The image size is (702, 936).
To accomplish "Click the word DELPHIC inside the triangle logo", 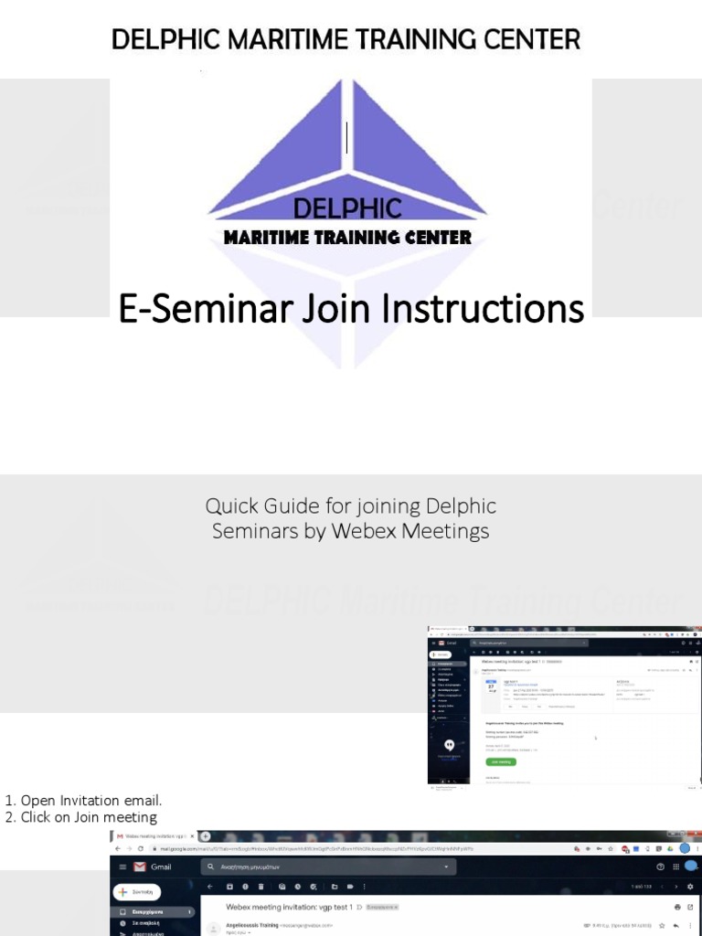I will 347,208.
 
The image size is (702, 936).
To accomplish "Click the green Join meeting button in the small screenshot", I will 501,760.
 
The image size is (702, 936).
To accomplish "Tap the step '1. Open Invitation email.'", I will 84,801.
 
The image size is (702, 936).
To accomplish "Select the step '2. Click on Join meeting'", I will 81,817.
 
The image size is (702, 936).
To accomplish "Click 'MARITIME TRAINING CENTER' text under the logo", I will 347,238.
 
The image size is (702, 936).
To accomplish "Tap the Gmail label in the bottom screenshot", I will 161,867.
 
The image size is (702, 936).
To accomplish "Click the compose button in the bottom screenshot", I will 137,891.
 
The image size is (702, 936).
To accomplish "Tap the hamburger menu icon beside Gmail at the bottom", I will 122,867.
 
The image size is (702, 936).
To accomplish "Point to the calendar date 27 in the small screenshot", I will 490,686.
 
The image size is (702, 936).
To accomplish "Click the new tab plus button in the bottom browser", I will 205,835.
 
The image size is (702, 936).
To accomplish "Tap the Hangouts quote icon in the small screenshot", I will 449,745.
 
